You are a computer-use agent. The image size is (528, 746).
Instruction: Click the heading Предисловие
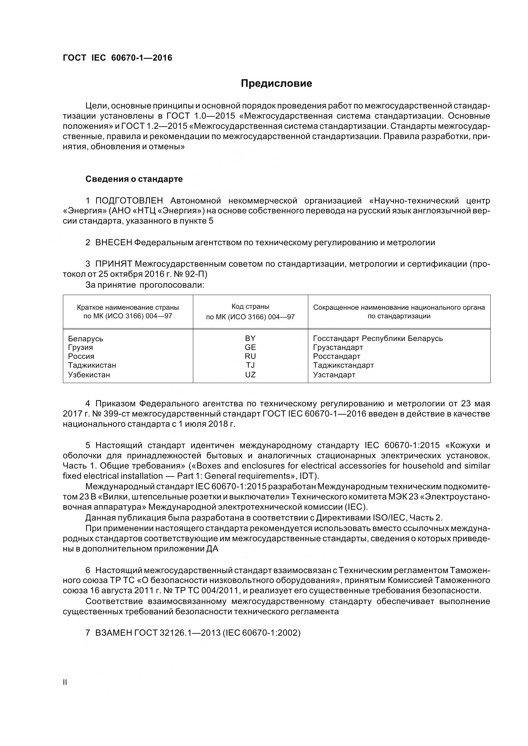point(276,84)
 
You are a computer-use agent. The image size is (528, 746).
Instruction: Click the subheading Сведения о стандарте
point(134,179)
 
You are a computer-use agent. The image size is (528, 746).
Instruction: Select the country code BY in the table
point(250,338)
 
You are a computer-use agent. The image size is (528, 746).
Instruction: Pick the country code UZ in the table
point(250,375)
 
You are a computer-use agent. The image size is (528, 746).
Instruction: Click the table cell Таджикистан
point(92,365)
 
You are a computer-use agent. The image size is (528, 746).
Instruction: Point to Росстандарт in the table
point(337,357)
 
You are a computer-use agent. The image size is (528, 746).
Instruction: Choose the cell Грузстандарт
point(338,347)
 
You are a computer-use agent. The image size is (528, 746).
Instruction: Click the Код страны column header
point(250,307)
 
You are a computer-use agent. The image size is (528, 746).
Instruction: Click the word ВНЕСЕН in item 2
point(113,242)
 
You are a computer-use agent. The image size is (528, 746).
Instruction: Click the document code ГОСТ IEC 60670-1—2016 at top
point(118,58)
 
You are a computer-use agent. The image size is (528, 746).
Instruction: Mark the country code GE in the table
point(250,347)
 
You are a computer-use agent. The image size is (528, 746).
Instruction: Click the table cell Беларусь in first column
point(86,339)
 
